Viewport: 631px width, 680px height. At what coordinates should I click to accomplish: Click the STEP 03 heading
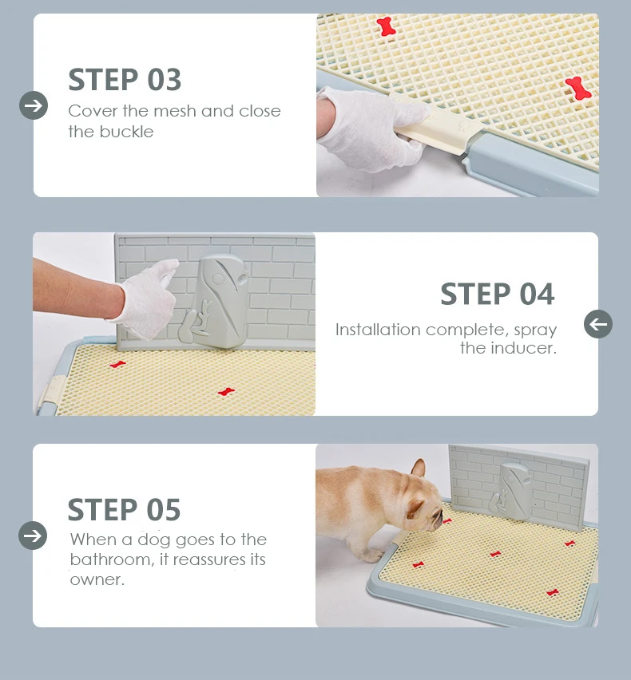click(x=125, y=80)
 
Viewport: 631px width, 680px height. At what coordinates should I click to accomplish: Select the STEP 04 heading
click(x=497, y=295)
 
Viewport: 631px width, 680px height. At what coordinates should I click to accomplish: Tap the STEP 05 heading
click(x=124, y=509)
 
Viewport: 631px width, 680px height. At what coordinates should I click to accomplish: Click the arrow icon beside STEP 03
click(x=34, y=105)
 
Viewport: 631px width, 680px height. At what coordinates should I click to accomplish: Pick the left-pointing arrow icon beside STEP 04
click(x=598, y=324)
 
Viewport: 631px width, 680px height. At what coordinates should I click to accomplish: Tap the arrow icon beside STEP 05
click(x=33, y=535)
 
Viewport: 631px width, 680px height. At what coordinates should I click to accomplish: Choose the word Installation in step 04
click(x=378, y=330)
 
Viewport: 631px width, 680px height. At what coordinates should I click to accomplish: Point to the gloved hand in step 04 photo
click(x=148, y=298)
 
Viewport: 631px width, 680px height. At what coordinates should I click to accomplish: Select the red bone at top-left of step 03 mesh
click(x=387, y=26)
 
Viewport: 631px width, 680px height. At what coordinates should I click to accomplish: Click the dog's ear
click(x=418, y=468)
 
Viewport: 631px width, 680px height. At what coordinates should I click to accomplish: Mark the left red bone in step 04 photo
click(x=118, y=365)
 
